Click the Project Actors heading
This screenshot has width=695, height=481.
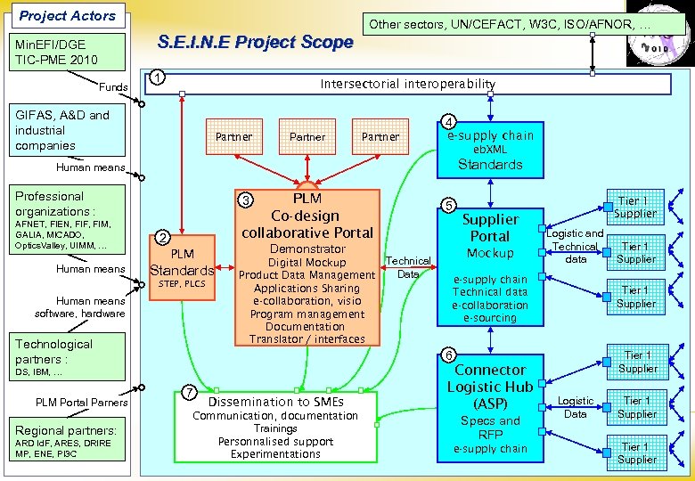(x=68, y=15)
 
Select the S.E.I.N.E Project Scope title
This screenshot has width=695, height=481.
(x=255, y=42)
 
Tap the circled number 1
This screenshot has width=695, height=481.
(x=157, y=77)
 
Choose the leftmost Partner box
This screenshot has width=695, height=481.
(x=234, y=137)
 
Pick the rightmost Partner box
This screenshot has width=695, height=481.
(x=380, y=137)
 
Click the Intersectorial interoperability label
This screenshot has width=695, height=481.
(x=408, y=84)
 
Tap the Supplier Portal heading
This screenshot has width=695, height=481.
(x=490, y=227)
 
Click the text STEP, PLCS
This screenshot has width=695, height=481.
(x=182, y=285)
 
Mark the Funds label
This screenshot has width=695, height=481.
(x=113, y=87)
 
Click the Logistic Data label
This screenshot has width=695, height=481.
(x=576, y=407)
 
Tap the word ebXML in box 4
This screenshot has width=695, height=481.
(x=490, y=150)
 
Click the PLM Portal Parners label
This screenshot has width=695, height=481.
(x=82, y=403)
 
